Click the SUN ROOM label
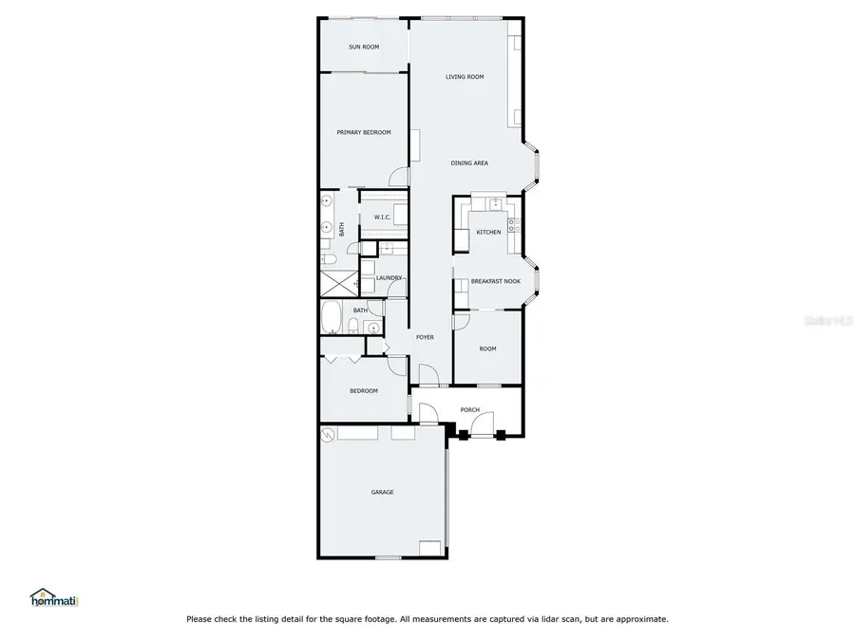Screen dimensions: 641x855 tap(364, 47)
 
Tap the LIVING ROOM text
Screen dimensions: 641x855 tap(465, 77)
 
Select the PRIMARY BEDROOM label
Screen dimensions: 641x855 tap(364, 133)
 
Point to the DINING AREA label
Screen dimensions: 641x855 tap(469, 163)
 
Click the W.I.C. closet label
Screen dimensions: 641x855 tap(382, 217)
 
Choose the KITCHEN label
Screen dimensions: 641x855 tap(488, 233)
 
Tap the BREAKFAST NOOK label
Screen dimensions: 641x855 tap(496, 281)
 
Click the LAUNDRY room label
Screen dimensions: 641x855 tap(389, 278)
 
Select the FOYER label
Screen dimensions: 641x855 tap(424, 337)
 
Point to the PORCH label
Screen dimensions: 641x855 tap(469, 410)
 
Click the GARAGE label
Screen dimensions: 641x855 tap(382, 492)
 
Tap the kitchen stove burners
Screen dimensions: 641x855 tap(513, 226)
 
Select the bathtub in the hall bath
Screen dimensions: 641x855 tap(332, 318)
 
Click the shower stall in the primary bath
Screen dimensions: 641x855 tap(335, 282)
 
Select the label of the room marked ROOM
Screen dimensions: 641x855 tap(487, 349)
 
